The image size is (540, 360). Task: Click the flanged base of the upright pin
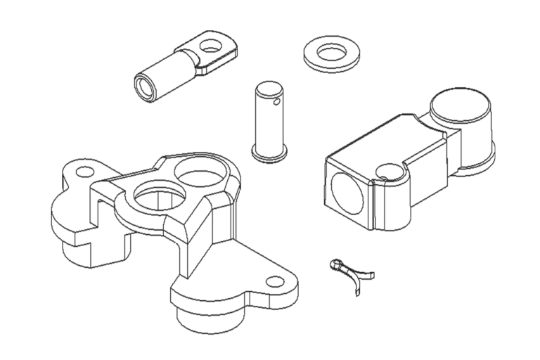click(271, 153)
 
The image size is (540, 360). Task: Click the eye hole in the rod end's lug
click(210, 46)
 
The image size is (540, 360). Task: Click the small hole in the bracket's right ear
click(273, 284)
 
